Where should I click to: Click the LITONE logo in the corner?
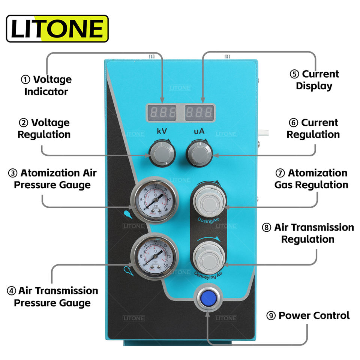(57, 28)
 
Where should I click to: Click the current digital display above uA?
(199, 112)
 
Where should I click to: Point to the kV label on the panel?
(162, 132)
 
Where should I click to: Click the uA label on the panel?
(199, 132)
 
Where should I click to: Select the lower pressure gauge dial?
(154, 256)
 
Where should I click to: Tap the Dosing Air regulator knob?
(208, 203)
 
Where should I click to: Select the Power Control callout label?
(308, 315)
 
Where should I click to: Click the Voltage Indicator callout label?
(46, 85)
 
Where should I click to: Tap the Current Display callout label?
(314, 80)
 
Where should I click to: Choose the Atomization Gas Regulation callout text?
(311, 179)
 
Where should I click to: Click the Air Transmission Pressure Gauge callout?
(52, 297)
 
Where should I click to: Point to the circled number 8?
(266, 228)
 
